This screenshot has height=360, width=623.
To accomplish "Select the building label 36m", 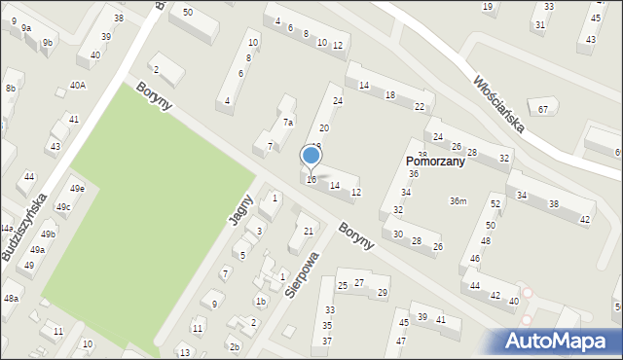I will tap(458, 200).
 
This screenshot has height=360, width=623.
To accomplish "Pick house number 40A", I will tap(78, 86).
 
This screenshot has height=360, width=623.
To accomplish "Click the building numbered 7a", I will tap(287, 123).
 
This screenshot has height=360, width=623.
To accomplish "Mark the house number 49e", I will tap(77, 189).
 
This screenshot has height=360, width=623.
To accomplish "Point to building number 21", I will tap(308, 231).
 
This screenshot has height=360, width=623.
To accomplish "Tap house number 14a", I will tap(7, 228).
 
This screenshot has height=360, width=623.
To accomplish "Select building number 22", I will tap(419, 106).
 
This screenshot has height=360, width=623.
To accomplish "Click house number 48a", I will tap(11, 298).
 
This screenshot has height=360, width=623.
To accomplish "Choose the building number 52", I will tap(495, 203).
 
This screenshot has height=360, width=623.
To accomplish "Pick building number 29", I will tap(383, 293).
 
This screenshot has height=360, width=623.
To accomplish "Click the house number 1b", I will tap(260, 302).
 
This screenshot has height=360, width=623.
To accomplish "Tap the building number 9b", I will tap(47, 42).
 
